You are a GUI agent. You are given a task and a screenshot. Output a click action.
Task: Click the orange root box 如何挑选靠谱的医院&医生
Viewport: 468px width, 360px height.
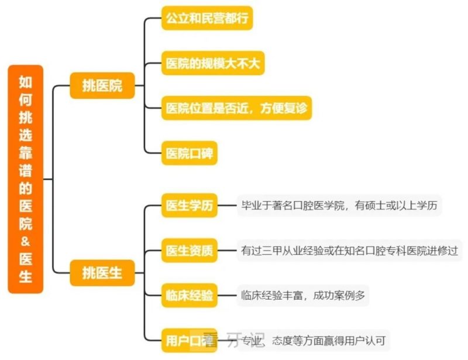[x=26, y=179]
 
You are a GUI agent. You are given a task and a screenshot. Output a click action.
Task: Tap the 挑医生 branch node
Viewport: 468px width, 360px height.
[x=102, y=272]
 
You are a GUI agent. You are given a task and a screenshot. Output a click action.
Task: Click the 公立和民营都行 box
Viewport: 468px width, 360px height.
[x=207, y=18]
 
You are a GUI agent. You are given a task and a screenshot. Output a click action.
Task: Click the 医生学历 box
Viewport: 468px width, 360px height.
[x=189, y=206]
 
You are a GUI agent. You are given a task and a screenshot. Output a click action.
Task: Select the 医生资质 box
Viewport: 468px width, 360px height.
[x=189, y=251]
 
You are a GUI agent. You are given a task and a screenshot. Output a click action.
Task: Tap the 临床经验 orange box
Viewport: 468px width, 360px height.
[x=189, y=295]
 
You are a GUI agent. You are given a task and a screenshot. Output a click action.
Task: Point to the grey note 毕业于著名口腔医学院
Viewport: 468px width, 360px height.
[x=339, y=206]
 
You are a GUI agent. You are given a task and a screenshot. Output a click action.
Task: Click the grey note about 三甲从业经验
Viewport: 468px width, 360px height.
[x=350, y=251]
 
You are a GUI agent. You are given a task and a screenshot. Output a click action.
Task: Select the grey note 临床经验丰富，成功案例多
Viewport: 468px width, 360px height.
[x=303, y=295]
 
